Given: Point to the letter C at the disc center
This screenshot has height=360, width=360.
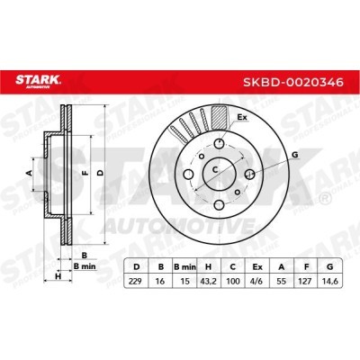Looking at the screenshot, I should coord(216,168).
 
